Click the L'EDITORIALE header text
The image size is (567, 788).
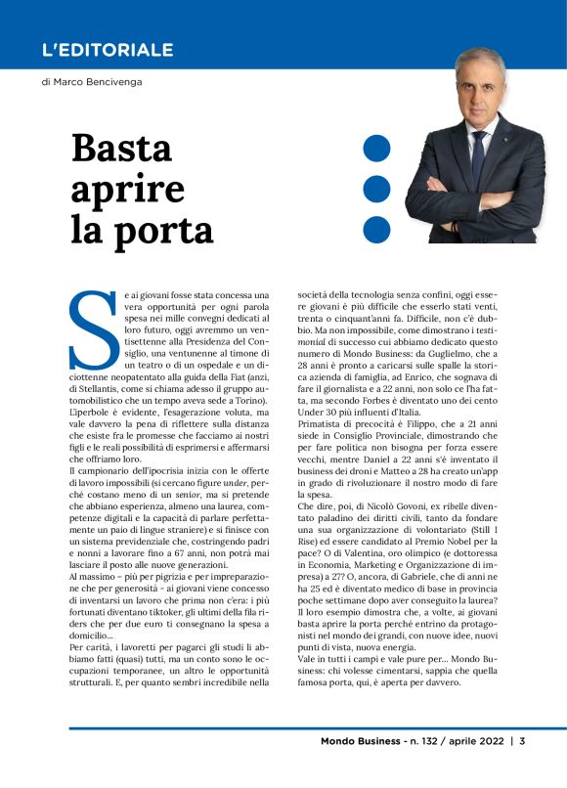point(108,50)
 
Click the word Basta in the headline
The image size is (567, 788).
point(121,149)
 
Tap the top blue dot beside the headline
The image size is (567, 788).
point(376,149)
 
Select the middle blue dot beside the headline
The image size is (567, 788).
point(376,186)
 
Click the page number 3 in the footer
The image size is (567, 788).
point(523,768)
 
